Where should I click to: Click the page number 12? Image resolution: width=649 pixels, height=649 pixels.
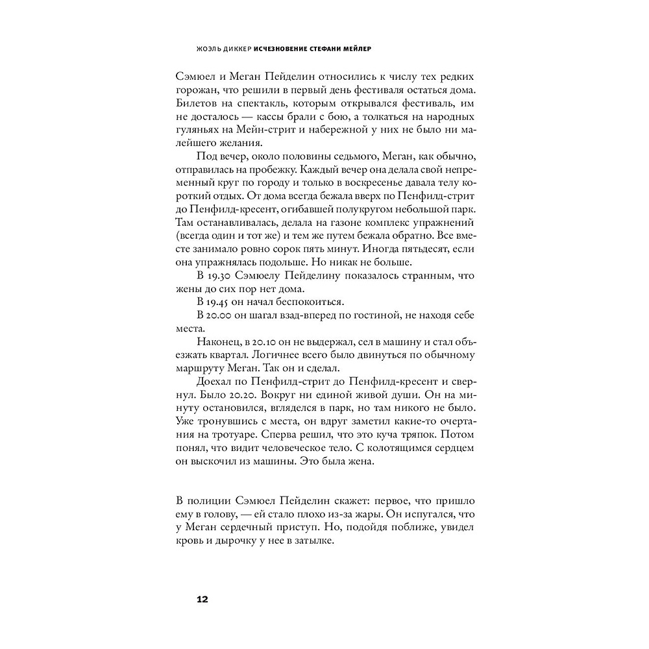point(201,599)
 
